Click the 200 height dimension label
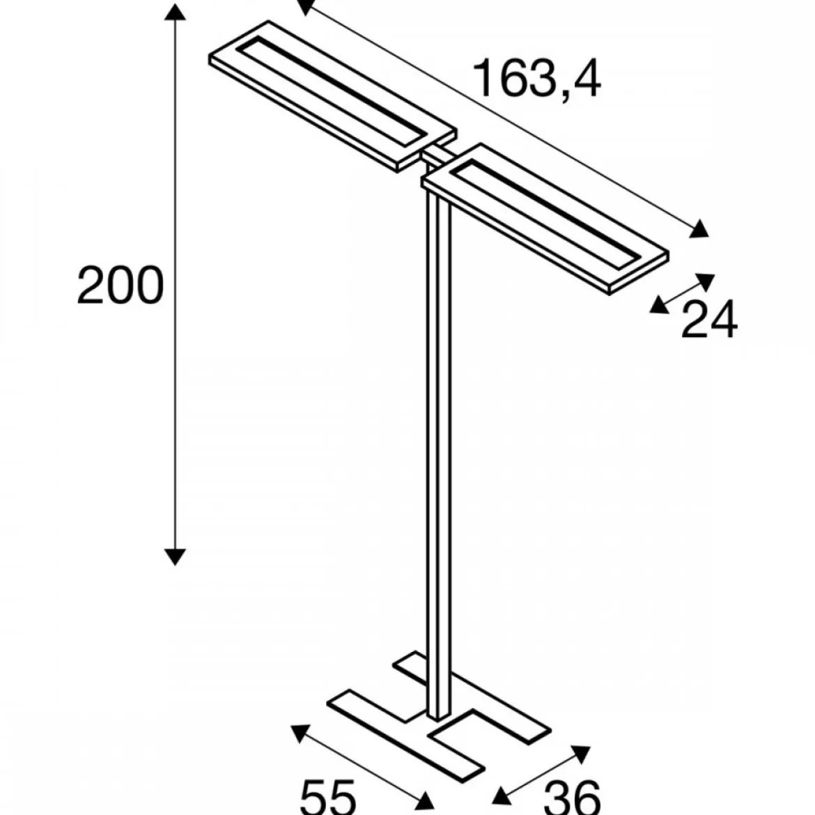pyautogui.click(x=120, y=285)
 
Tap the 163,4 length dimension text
pyautogui.click(x=537, y=78)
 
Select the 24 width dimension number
pyautogui.click(x=709, y=319)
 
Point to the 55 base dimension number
pyautogui.click(x=328, y=798)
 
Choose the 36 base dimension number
pyautogui.click(x=573, y=798)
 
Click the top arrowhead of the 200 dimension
pyautogui.click(x=175, y=11)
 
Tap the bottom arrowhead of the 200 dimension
pyautogui.click(x=175, y=557)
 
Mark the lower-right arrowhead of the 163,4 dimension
pyautogui.click(x=699, y=228)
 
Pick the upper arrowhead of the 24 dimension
pyautogui.click(x=706, y=281)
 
